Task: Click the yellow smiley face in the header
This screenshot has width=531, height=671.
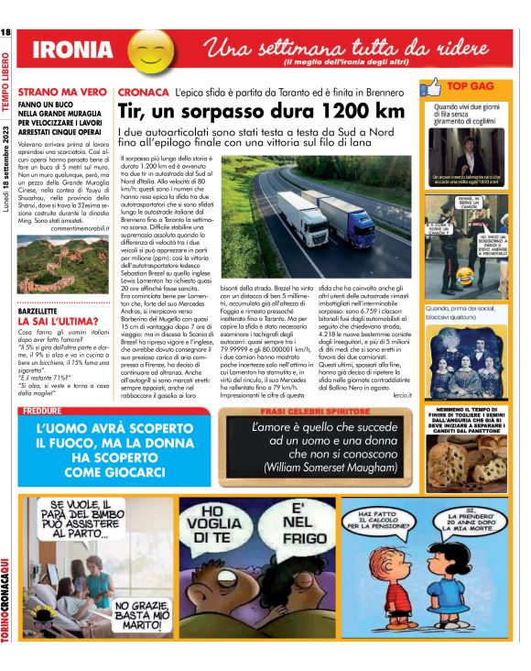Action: point(148,53)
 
